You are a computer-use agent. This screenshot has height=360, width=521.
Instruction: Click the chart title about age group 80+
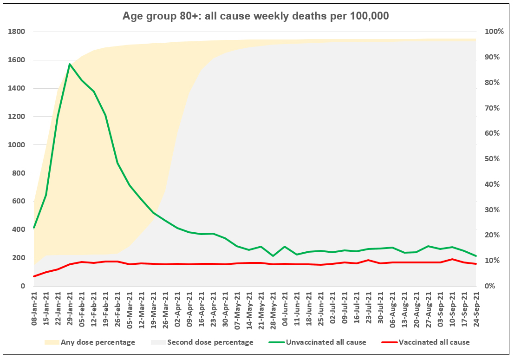point(255,16)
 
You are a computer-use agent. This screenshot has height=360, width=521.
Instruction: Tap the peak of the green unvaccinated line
point(70,64)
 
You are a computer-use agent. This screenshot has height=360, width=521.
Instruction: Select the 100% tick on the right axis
point(494,32)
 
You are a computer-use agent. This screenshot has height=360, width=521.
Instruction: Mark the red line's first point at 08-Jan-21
point(34,276)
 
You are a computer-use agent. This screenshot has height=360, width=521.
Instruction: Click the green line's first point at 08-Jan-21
point(34,228)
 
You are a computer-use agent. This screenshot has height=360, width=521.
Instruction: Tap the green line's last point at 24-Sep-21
point(476,256)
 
